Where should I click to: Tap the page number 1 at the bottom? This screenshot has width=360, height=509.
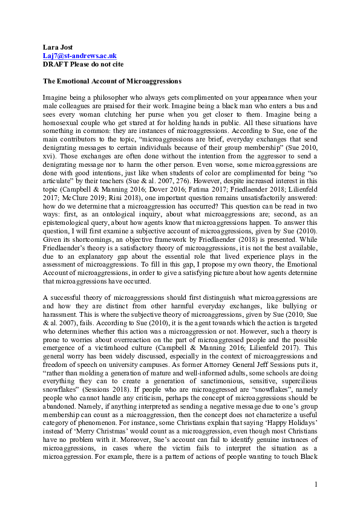(x=316, y=484)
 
